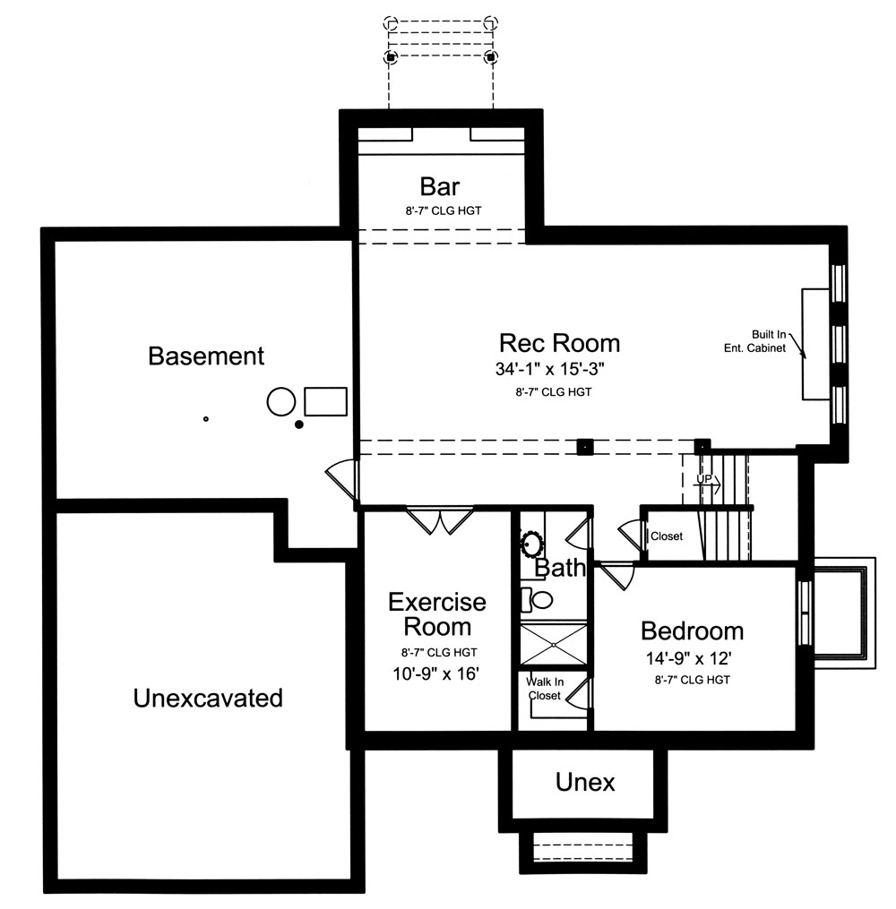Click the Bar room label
coord(440,186)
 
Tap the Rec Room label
coord(559,343)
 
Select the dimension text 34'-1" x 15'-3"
coord(559,369)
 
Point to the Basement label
coord(206,356)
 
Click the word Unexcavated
coord(208,697)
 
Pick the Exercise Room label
coord(437,613)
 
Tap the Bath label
coord(560,568)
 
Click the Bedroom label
coord(692,630)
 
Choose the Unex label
coord(586,783)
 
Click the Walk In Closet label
coord(544,689)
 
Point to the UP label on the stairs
coord(705,481)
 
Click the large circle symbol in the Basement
coord(280,402)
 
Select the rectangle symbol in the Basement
coord(325,400)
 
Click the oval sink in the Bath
coord(531,543)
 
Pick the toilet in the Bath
coord(540,598)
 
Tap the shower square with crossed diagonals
coord(554,643)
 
